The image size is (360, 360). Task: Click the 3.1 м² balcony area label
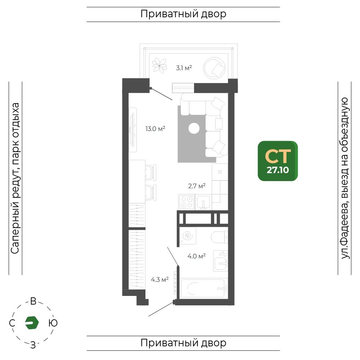point(184,68)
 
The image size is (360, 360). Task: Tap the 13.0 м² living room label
point(155,129)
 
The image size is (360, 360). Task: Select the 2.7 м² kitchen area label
point(197,186)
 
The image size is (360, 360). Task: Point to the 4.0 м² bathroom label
point(197,256)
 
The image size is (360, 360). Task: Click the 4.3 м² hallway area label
point(160,280)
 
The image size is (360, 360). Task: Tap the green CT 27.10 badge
point(278,161)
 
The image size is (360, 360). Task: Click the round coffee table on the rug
point(194,129)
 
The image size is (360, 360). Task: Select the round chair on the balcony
point(214,68)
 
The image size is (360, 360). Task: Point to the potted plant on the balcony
point(159,66)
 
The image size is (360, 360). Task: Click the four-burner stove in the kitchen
point(186,202)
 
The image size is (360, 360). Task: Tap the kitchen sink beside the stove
point(203,202)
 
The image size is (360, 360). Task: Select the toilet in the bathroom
point(219,237)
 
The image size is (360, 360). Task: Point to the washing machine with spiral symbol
point(188,235)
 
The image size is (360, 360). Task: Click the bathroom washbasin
point(220,261)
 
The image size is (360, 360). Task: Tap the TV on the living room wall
point(132,130)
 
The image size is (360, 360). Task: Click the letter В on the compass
point(33,301)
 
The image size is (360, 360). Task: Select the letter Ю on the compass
point(53,323)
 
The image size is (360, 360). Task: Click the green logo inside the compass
point(32,323)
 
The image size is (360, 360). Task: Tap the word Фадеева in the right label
point(345,222)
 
